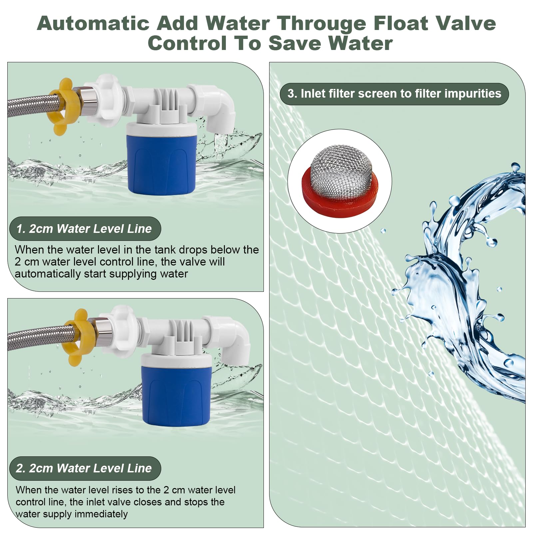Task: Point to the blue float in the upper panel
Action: [162, 163]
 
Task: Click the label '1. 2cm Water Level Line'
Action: [85, 229]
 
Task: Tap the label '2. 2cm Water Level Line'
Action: [85, 468]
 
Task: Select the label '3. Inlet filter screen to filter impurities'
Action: [394, 94]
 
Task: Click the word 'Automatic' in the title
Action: [93, 23]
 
